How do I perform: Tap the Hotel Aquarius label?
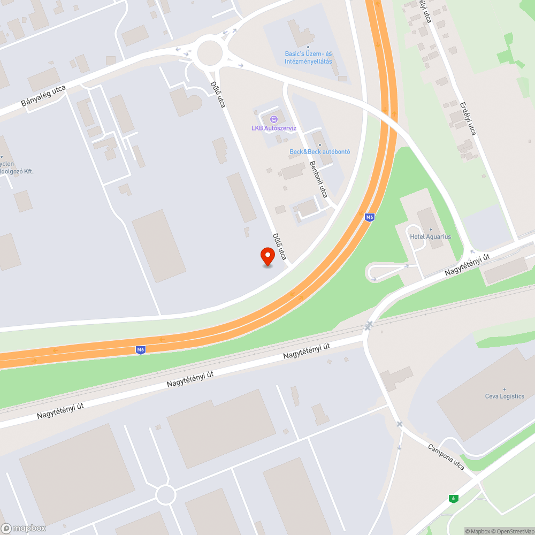[430, 236]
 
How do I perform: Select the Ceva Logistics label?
[504, 396]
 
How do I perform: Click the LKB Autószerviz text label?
[274, 128]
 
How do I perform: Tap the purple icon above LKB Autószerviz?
[274, 119]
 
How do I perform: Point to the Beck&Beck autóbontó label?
[320, 151]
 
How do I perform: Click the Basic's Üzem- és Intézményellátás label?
[308, 58]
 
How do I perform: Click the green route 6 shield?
[453, 499]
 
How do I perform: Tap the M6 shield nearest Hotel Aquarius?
[369, 217]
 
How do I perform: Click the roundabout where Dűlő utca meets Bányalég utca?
[209, 53]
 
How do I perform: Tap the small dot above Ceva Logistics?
[504, 389]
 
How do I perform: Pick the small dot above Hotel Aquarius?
[430, 230]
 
